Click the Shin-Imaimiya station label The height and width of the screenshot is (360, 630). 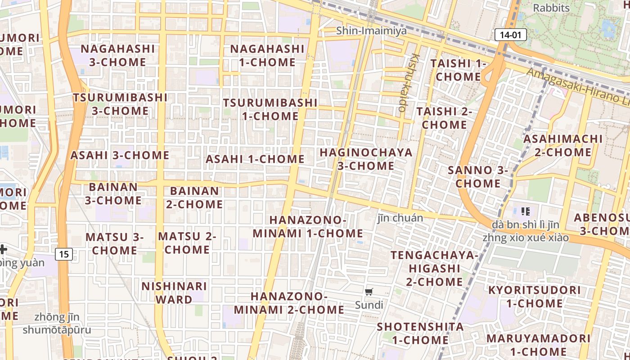tap(371, 31)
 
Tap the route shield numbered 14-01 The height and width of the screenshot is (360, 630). tap(510, 35)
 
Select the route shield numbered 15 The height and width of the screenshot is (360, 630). tap(64, 254)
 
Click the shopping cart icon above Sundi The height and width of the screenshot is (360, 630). tap(369, 292)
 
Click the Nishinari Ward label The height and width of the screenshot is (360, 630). tap(174, 292)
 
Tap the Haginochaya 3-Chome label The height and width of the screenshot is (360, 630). tap(366, 159)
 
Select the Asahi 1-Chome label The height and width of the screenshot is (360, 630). tap(255, 159)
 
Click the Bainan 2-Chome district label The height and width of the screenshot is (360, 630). tap(194, 198)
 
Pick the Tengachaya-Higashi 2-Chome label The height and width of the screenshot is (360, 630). tap(434, 268)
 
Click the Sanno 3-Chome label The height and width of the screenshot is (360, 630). tap(477, 177)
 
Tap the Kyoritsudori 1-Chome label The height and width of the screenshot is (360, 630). tap(534, 297)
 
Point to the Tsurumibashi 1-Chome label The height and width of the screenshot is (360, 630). tap(270, 109)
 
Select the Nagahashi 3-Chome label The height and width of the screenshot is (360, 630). tap(117, 55)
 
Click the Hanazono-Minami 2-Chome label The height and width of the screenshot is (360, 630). tap(289, 303)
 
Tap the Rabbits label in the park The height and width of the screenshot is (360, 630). tap(551, 8)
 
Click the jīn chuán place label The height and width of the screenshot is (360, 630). tap(400, 218)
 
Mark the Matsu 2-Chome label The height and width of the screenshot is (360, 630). tap(187, 243)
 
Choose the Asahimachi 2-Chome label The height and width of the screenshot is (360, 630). tap(562, 145)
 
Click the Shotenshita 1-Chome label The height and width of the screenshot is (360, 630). tap(420, 333)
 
